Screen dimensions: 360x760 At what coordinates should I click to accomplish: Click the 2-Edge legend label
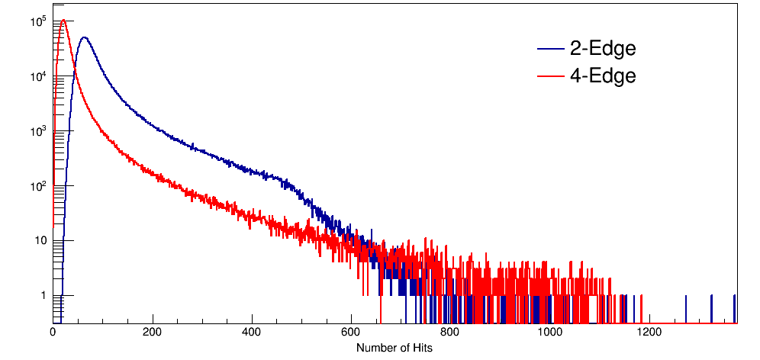602,50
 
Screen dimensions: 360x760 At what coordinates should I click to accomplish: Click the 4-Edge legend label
602,76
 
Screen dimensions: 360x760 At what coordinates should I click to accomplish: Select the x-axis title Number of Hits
394,348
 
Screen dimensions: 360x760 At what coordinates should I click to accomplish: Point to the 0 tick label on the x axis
53,333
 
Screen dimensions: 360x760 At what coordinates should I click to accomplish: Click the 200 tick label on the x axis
153,333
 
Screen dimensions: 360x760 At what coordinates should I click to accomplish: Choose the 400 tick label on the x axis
252,333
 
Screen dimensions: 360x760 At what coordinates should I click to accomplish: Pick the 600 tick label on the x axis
351,333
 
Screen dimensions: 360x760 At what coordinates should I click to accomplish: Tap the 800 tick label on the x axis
450,333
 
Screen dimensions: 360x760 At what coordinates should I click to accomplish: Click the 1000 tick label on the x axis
549,333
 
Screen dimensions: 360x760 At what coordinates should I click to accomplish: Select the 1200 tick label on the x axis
649,333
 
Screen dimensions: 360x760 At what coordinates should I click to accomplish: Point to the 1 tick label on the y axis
43,296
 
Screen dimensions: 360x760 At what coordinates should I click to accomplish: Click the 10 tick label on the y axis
40,241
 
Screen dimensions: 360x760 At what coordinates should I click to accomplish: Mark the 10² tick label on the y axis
38,186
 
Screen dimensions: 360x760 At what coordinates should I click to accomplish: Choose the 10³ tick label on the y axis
38,131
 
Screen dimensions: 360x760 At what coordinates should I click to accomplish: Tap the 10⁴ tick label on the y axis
38,76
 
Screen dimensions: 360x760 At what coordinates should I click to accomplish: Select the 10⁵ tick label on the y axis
38,22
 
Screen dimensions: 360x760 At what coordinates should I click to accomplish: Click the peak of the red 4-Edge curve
64,21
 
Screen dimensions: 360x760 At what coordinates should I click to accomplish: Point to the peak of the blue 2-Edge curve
84,37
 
